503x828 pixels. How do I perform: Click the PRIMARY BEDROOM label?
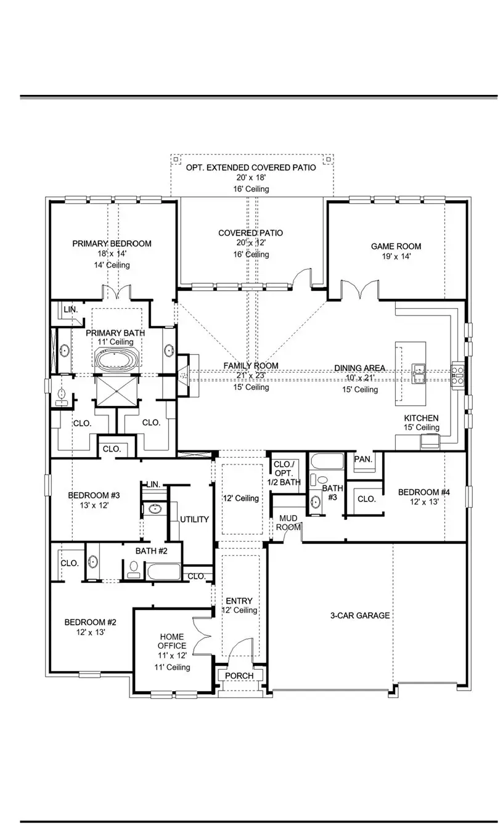[112, 243]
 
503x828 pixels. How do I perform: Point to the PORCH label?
[239, 676]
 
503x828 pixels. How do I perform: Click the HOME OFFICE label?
[173, 641]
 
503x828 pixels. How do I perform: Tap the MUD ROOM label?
[287, 522]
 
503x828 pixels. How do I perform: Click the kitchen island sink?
[419, 370]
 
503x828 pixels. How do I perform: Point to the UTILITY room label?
[194, 519]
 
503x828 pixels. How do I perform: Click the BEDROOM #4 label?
[423, 492]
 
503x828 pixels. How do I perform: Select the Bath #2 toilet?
[133, 569]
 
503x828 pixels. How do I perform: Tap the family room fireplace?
[184, 374]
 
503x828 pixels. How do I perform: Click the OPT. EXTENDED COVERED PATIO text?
[251, 167]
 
